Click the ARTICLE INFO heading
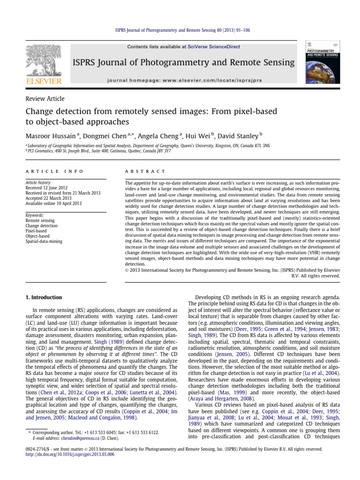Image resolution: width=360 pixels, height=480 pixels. pyautogui.click(x=55, y=172)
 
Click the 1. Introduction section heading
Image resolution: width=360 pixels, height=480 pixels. pyautogui.click(x=44, y=297)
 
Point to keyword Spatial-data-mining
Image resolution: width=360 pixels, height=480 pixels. pyautogui.click(x=44, y=241)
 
